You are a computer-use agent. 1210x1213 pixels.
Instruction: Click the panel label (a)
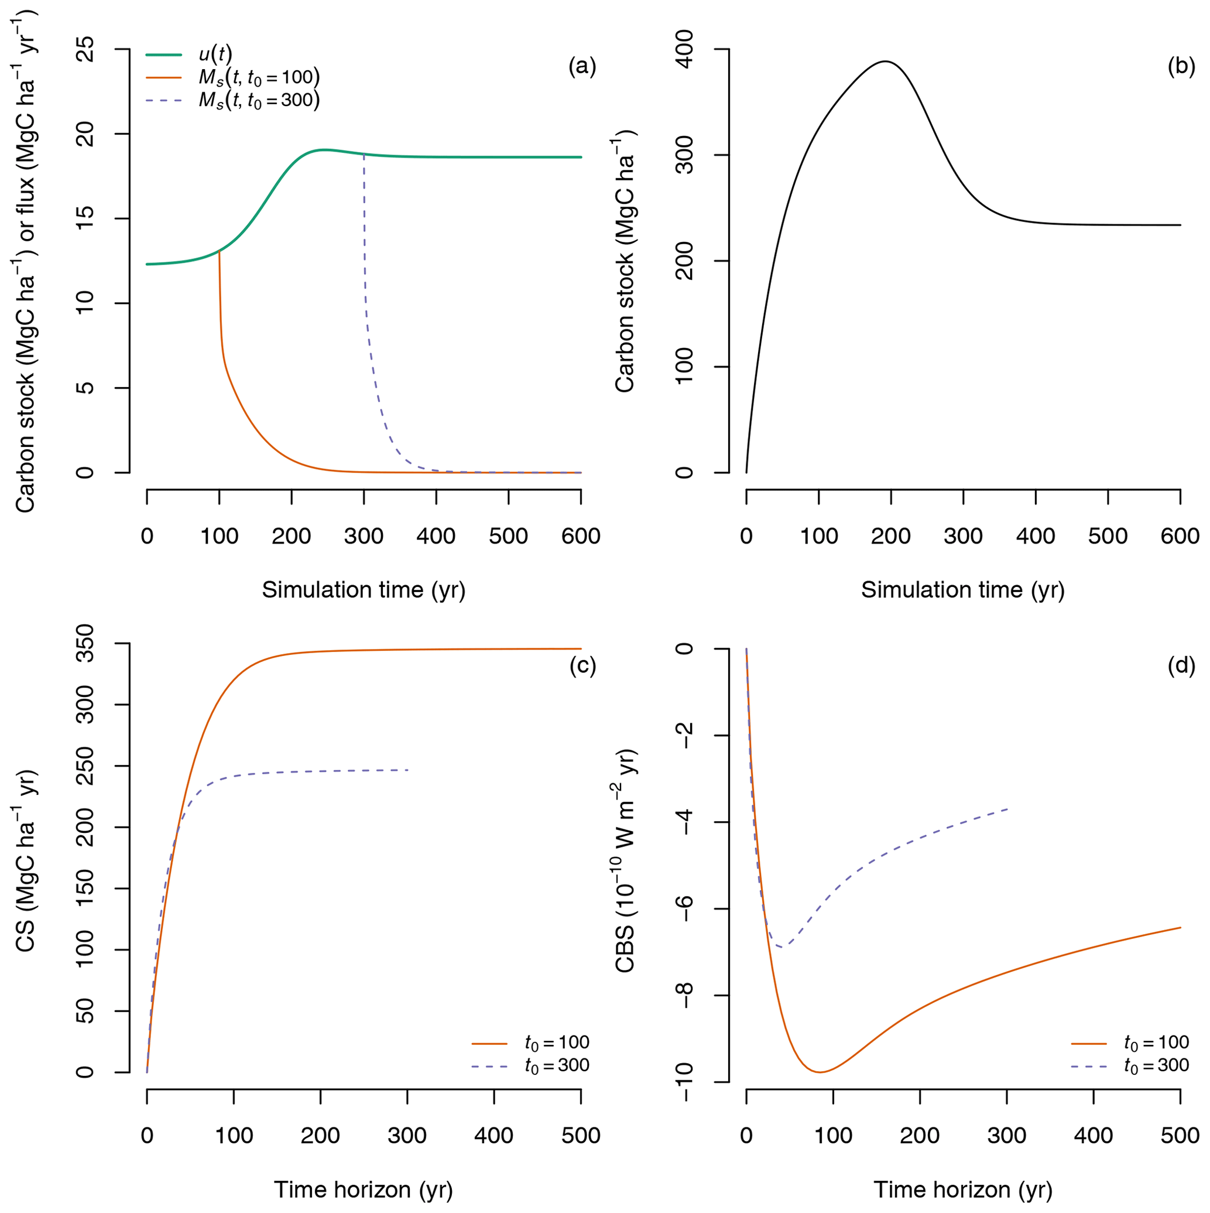point(581,67)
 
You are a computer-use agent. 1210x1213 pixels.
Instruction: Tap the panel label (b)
point(1181,67)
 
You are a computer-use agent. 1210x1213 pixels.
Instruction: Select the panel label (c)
point(582,666)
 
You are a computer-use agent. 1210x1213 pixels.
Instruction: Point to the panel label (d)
point(1181,666)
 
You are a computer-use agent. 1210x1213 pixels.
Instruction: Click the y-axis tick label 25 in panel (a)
point(85,49)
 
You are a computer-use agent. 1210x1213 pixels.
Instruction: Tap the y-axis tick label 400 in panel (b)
point(685,49)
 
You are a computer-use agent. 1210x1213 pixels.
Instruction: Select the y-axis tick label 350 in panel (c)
point(85,644)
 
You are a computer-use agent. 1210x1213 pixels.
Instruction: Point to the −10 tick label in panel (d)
point(685,1082)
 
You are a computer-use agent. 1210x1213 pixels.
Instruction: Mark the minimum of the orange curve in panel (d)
point(819,1072)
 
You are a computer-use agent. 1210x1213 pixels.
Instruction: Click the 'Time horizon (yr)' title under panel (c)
point(364,1189)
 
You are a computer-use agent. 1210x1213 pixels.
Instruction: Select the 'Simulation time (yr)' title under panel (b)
point(963,590)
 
